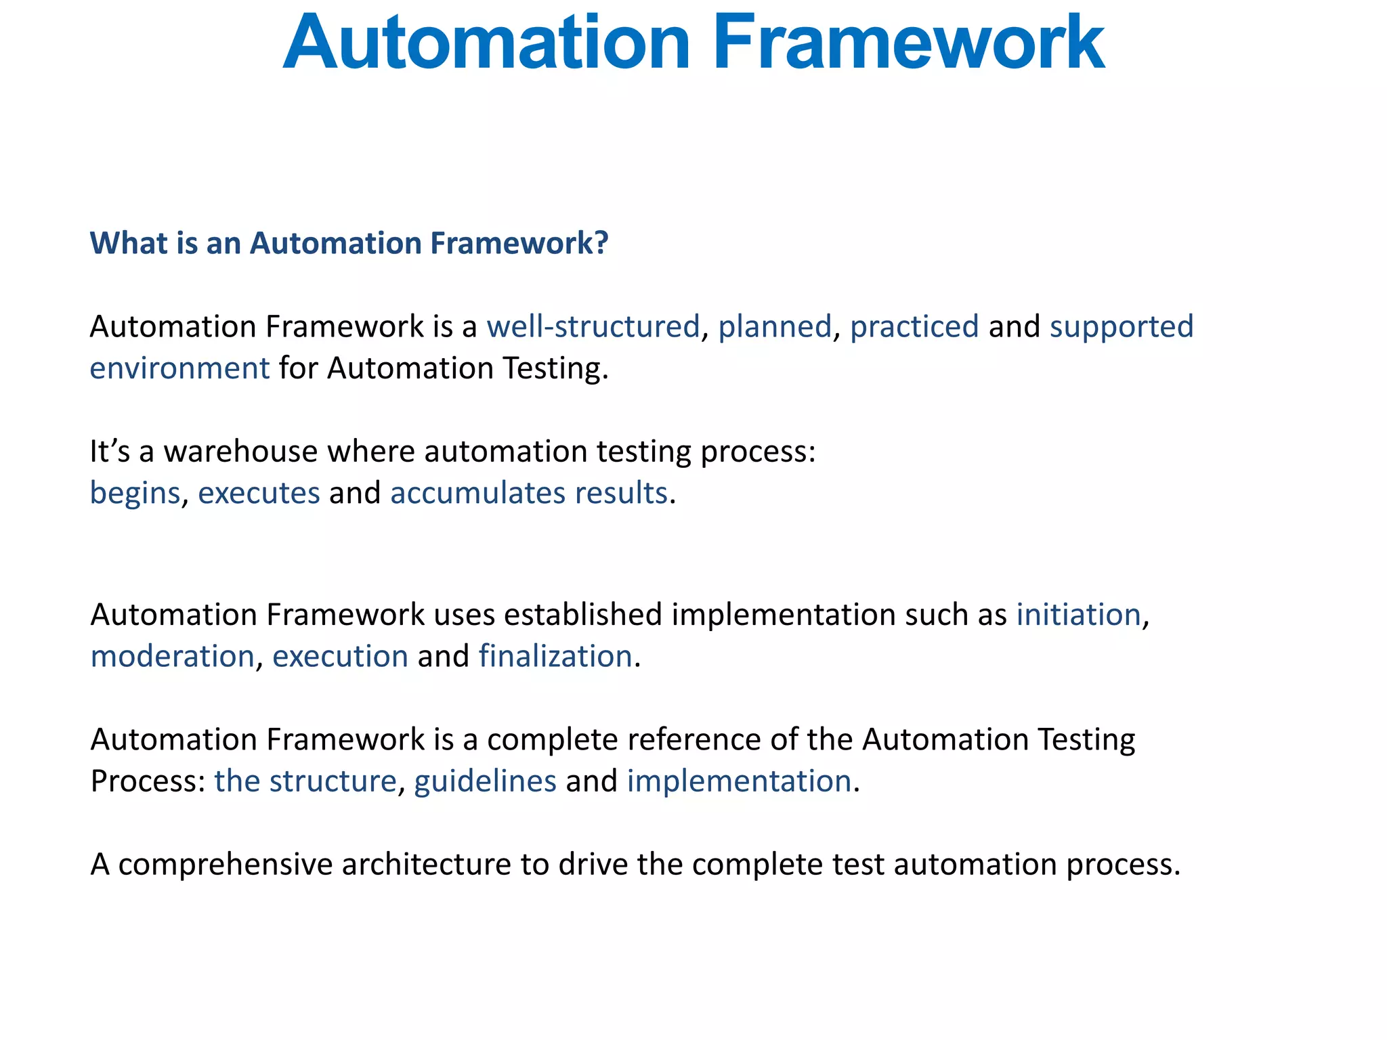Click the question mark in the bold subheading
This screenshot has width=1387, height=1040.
point(602,243)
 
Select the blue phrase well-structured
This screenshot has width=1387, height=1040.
point(593,326)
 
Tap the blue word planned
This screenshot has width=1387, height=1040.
point(774,326)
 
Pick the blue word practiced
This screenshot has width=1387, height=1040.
point(914,326)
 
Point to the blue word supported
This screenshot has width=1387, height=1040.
point(1121,326)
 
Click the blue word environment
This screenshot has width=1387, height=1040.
point(179,368)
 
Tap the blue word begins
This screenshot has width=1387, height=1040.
point(135,493)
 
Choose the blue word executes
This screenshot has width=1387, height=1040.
point(258,493)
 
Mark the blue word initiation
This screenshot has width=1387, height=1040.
point(1078,615)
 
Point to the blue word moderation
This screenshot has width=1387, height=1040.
point(172,657)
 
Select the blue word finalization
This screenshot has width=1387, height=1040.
point(555,657)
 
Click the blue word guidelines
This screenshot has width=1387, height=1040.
point(485,781)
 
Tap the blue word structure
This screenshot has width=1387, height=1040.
point(332,781)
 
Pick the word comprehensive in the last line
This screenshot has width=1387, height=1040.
point(225,865)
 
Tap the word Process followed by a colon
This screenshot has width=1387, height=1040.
point(143,781)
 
